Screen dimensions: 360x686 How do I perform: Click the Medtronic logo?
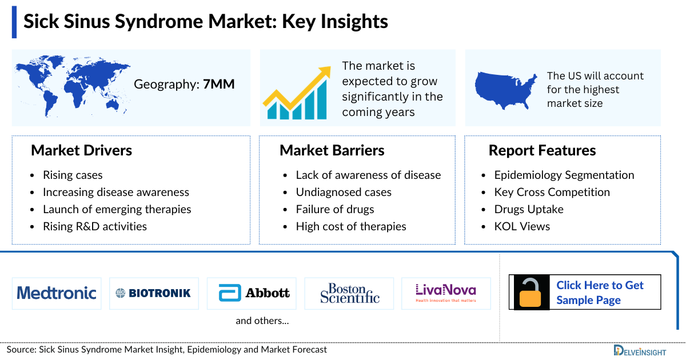coord(57,293)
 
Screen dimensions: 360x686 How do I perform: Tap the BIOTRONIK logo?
coord(154,293)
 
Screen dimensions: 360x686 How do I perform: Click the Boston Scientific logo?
coord(349,293)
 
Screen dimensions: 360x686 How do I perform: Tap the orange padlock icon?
coord(532,293)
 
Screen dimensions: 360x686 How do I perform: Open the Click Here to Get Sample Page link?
coord(600,293)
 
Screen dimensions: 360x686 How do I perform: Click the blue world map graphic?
coord(72,85)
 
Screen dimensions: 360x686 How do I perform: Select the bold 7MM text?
coord(219,85)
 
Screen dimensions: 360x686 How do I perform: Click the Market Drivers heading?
coord(81,150)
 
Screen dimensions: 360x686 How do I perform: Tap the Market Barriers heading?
coord(332,150)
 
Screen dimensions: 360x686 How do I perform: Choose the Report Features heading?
coord(542,150)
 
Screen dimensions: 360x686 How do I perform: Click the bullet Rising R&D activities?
coord(95,226)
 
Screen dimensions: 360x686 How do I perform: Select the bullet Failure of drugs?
coord(335,209)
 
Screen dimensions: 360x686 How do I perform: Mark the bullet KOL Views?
coord(522,226)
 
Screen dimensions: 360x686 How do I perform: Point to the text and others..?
coord(262,321)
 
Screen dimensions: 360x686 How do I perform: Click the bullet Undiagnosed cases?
coord(344,192)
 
